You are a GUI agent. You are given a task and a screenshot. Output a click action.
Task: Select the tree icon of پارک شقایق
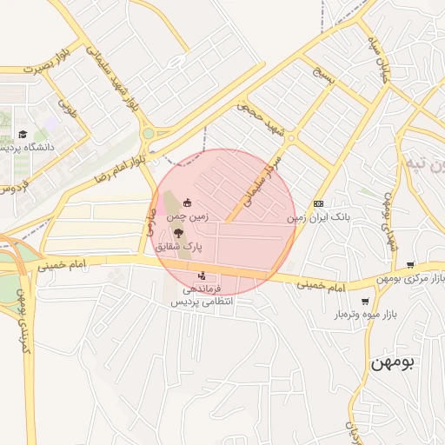pos(178,233)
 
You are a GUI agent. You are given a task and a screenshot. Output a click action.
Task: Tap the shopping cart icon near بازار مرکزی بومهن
pos(409,265)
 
